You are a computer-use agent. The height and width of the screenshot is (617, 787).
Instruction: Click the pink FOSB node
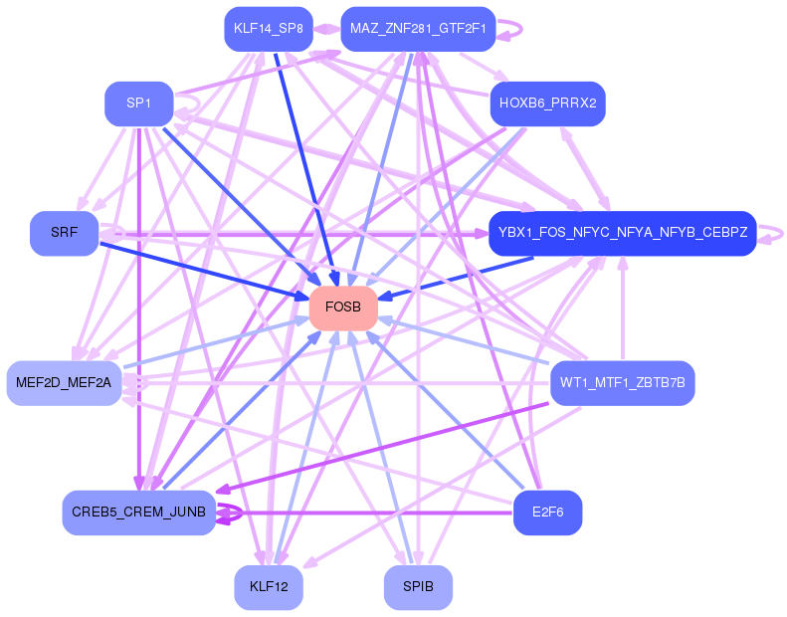[342, 308]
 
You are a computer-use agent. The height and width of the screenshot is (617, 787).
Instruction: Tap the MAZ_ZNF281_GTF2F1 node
[417, 29]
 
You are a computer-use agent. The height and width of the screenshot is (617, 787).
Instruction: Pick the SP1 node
[139, 103]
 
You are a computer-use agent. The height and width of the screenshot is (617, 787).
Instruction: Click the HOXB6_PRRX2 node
[547, 103]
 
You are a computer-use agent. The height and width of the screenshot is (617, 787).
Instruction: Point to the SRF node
[64, 233]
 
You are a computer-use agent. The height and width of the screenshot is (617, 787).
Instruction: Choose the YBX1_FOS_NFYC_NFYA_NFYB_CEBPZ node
[623, 233]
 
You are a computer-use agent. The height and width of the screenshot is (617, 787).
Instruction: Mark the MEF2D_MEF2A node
[64, 382]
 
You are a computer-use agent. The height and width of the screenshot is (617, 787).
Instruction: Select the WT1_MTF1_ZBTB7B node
[622, 382]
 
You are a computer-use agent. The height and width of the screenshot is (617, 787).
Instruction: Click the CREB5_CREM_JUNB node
[138, 513]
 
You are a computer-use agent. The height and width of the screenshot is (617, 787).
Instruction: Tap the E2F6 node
[547, 513]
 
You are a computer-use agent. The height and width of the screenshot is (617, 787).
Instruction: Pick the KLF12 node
[269, 587]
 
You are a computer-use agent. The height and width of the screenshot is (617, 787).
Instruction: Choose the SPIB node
[418, 587]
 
